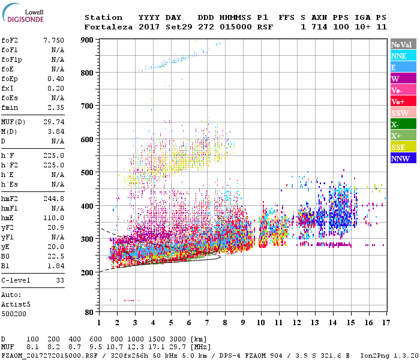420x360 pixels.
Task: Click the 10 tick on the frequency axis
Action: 260,323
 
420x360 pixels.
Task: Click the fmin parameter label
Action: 11,107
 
